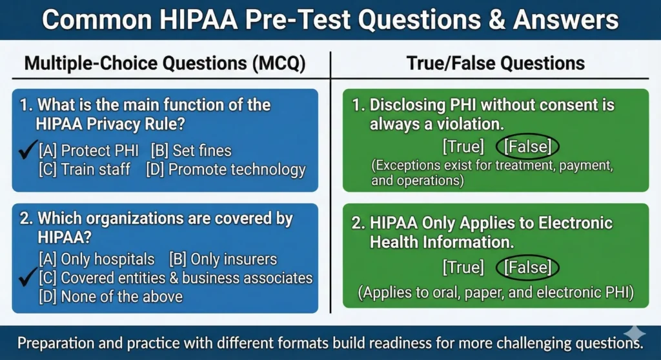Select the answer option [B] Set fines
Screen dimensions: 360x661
coord(190,151)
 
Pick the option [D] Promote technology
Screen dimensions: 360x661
coord(225,170)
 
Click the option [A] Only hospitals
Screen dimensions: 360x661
coord(96,259)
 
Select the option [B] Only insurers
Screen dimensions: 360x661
coord(223,259)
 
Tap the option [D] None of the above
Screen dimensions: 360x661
coord(110,297)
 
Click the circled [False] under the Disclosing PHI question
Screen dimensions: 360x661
coord(528,147)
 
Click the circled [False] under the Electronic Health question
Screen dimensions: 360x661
coord(527,267)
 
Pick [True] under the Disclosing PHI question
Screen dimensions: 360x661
coord(463,147)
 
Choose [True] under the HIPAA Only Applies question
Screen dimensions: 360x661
coord(463,267)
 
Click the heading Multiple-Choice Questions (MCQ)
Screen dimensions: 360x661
coord(165,63)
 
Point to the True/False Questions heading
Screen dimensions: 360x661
coord(495,63)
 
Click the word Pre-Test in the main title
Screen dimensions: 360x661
coord(290,20)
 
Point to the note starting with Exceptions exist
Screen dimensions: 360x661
coord(492,173)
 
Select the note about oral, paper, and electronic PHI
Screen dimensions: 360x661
coord(496,292)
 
